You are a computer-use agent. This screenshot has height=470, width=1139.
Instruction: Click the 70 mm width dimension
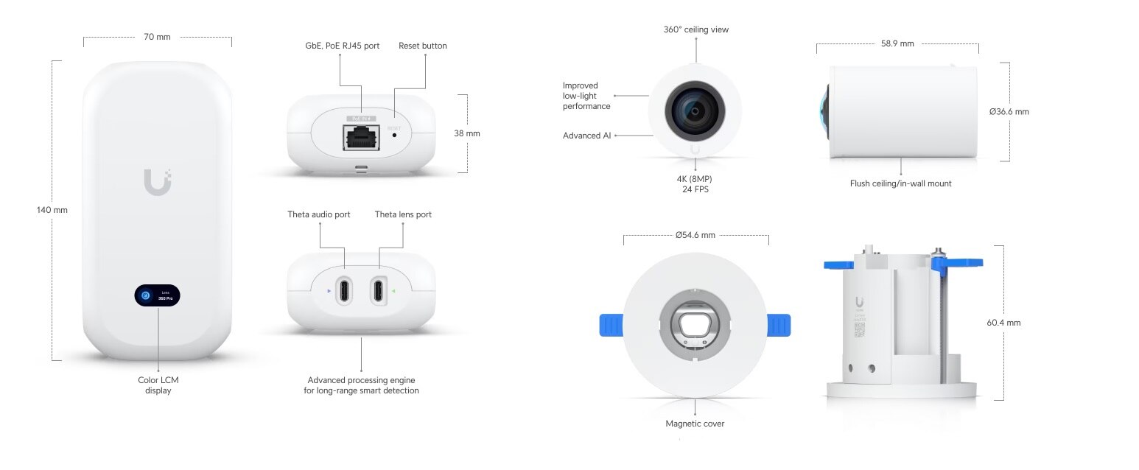click(158, 37)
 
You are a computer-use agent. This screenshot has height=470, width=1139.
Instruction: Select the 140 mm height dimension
click(52, 210)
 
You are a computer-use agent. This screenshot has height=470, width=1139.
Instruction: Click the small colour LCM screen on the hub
click(158, 295)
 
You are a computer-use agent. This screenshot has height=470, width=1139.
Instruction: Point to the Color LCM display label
click(158, 385)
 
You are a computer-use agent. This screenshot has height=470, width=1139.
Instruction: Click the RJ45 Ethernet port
click(361, 138)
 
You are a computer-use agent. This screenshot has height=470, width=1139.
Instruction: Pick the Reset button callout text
click(422, 46)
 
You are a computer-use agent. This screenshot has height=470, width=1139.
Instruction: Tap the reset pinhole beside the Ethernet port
click(394, 135)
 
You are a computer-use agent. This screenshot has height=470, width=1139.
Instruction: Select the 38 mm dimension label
click(466, 133)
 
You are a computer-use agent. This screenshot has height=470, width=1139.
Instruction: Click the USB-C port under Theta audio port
click(343, 290)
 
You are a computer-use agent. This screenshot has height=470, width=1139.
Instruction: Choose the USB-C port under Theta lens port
click(379, 290)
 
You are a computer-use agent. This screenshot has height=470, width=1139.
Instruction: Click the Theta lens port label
click(403, 214)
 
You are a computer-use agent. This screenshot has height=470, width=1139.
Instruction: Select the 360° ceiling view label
click(696, 29)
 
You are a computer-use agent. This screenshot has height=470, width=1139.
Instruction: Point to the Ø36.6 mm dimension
click(1009, 112)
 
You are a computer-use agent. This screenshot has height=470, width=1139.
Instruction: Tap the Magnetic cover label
click(695, 424)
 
